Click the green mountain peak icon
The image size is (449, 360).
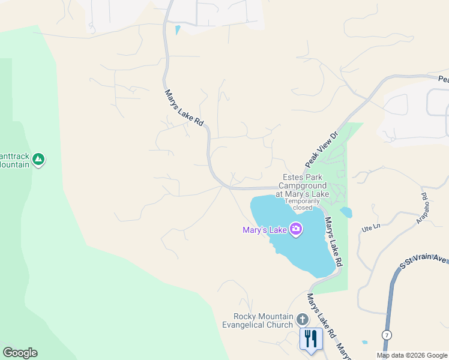[38, 159]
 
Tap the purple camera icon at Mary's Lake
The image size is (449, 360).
[295, 229]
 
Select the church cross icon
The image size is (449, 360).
[303, 319]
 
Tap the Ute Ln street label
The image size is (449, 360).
[371, 227]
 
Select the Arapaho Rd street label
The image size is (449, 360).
[422, 208]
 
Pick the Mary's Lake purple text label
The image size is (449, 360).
[264, 229]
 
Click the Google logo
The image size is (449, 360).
[20, 353]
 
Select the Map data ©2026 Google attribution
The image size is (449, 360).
[412, 355]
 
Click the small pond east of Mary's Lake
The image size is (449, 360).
[346, 212]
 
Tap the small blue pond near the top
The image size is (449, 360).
[177, 29]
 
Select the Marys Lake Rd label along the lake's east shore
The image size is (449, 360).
[333, 242]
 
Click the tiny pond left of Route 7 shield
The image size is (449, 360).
[365, 342]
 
